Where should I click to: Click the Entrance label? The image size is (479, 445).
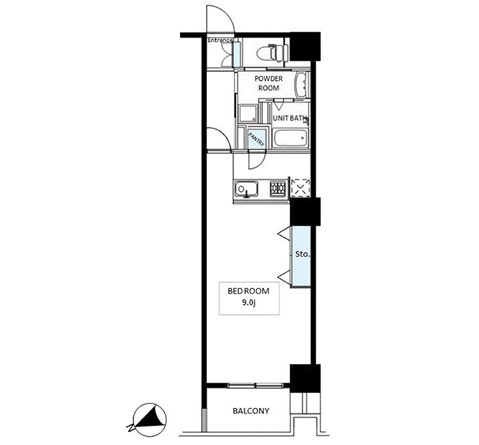point(220,40)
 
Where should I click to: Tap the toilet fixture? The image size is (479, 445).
point(272,53)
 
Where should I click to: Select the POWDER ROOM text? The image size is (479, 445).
point(269,83)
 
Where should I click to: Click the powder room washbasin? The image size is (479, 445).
point(302,85)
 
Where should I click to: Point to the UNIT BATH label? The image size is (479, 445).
point(289,118)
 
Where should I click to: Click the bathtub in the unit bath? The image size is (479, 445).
point(290,138)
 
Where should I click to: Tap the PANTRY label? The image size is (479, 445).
point(257,139)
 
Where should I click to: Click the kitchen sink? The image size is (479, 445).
point(246,189)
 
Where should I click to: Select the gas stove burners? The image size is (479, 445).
point(278,188)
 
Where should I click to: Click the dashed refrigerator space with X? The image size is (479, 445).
point(300,187)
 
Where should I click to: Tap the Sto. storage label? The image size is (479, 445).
point(302,254)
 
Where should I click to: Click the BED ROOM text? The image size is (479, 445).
point(248,291)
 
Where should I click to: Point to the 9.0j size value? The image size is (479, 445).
point(248,303)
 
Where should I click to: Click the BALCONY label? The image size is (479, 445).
point(251,411)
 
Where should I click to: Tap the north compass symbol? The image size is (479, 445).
point(148,419)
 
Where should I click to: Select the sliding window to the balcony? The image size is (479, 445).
point(256,385)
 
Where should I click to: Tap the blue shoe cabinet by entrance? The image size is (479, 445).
point(237,54)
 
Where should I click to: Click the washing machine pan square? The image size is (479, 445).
point(248,114)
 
